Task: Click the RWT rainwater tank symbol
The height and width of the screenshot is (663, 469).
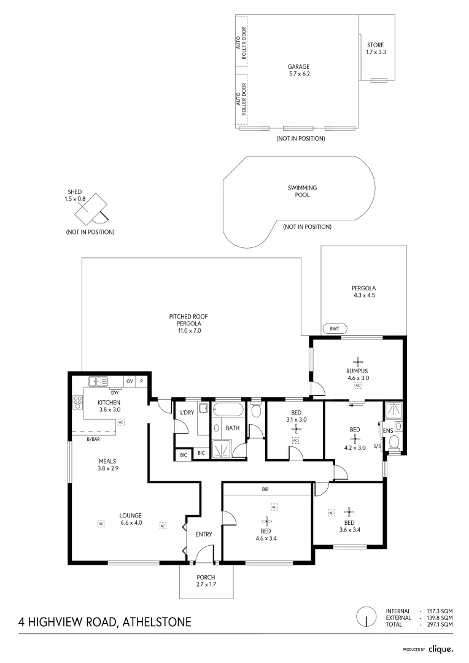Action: pyautogui.click(x=335, y=328)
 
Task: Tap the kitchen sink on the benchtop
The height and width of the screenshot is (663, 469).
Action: pyautogui.click(x=98, y=381)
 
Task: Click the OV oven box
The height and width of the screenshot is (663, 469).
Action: pyautogui.click(x=130, y=381)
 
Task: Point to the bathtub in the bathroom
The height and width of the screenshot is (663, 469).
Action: pyautogui.click(x=228, y=410)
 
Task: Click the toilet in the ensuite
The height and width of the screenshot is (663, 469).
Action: pyautogui.click(x=394, y=443)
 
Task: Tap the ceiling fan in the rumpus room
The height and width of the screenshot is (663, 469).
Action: pyautogui.click(x=358, y=362)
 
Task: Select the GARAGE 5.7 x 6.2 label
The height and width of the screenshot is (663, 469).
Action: pyautogui.click(x=298, y=70)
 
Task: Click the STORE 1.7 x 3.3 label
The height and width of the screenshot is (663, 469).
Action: pyautogui.click(x=376, y=48)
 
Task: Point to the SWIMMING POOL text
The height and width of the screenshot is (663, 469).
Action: pyautogui.click(x=303, y=191)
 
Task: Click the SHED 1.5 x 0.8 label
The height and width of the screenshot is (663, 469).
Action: pyautogui.click(x=75, y=195)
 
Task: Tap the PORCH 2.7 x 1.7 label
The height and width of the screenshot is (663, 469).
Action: pyautogui.click(x=206, y=581)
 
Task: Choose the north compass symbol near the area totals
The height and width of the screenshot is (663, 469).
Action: pyautogui.click(x=366, y=617)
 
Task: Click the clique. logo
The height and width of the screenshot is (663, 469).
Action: pyautogui.click(x=441, y=649)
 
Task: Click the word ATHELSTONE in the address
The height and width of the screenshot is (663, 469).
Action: pyautogui.click(x=157, y=622)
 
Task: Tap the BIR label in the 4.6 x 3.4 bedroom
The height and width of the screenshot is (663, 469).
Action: pyautogui.click(x=265, y=489)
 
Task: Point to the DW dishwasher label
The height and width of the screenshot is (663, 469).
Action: pyautogui.click(x=115, y=392)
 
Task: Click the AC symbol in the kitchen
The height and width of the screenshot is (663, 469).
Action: pyautogui.click(x=121, y=422)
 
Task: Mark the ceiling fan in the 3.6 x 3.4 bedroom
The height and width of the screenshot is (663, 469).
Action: pyautogui.click(x=349, y=513)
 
